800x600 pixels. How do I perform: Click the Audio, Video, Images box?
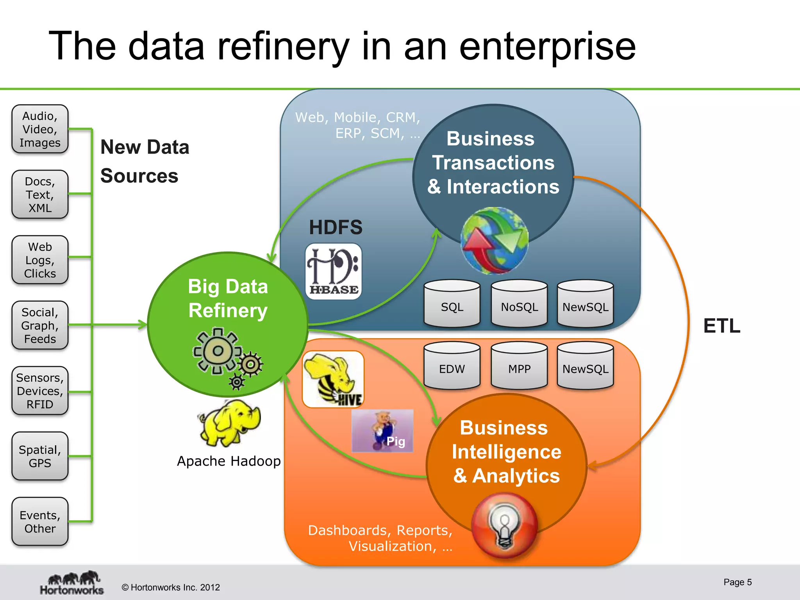coord(40,129)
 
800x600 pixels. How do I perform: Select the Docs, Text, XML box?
coord(40,194)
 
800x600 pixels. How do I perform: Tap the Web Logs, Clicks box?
coord(40,260)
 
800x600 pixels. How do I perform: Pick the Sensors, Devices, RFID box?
coord(40,391)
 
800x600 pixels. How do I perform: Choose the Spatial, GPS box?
coord(40,456)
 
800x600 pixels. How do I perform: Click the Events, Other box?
coord(40,521)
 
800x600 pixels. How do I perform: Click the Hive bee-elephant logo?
coord(333,379)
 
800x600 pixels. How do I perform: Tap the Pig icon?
coord(382,430)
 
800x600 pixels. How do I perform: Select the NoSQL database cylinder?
coord(519,304)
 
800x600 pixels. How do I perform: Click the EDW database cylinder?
coord(452,366)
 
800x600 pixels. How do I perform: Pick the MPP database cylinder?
coord(519,366)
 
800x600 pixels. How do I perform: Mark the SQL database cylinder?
coord(452,304)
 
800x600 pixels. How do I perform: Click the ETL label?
coord(721,326)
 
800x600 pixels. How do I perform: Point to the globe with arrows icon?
coord(494,241)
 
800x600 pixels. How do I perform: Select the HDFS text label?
coord(336,227)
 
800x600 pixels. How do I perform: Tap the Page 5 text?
coord(737,582)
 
